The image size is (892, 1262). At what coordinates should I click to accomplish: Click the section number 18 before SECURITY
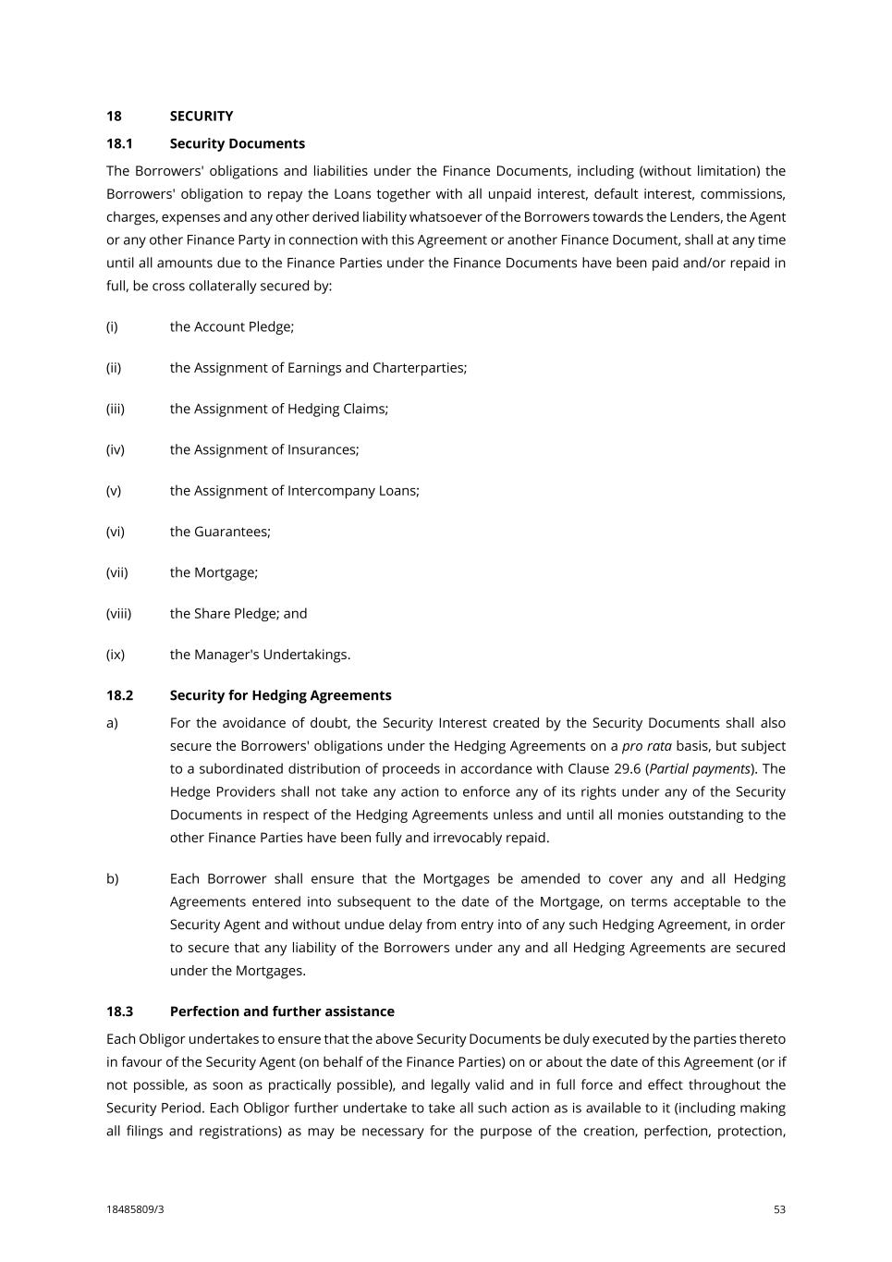click(x=114, y=116)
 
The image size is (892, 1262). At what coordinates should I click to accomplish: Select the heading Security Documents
click(x=237, y=143)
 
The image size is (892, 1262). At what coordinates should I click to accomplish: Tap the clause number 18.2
click(x=119, y=695)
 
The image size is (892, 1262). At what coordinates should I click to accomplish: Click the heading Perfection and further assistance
click(x=282, y=1011)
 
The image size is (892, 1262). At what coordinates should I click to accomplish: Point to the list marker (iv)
click(x=115, y=449)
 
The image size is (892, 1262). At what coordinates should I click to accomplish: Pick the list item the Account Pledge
click(x=231, y=326)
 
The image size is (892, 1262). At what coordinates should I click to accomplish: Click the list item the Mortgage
click(x=214, y=572)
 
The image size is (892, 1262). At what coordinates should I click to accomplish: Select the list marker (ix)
click(x=115, y=655)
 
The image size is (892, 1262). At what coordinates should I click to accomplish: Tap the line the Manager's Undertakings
click(x=260, y=655)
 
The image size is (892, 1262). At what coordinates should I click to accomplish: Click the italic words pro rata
click(x=646, y=746)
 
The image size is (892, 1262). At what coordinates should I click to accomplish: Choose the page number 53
click(x=779, y=1209)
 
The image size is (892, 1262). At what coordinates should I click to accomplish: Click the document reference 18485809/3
click(x=135, y=1209)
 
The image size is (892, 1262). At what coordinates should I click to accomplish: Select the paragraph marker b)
click(x=112, y=878)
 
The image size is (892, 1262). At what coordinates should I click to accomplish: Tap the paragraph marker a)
click(x=112, y=723)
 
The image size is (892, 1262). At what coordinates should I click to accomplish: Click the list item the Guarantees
click(x=220, y=532)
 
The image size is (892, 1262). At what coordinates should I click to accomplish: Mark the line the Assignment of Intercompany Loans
click(x=294, y=491)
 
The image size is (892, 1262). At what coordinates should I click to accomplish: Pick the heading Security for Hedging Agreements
click(x=280, y=695)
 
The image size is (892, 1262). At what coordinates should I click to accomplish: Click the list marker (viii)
click(x=118, y=614)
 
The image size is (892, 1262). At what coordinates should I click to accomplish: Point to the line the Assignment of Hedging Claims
click(x=278, y=409)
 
